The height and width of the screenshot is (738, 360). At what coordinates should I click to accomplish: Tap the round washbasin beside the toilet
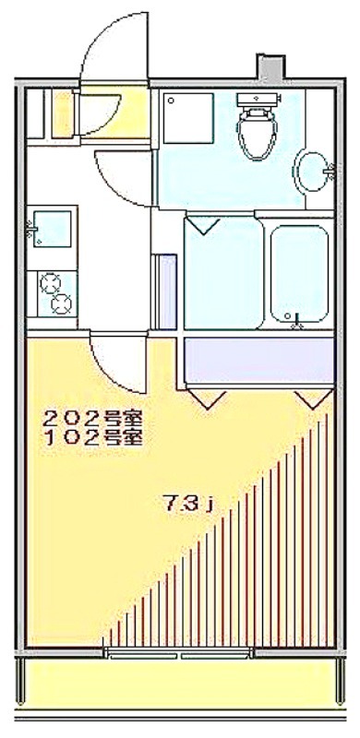[x=313, y=172]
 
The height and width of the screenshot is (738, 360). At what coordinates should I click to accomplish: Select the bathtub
[x=299, y=275]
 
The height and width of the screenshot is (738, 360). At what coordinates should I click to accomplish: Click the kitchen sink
[x=52, y=228]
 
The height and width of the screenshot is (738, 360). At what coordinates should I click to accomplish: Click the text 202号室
[x=93, y=418]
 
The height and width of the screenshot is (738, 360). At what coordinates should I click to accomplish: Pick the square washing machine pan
[x=188, y=118]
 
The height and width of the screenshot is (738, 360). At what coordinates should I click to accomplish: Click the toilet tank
[x=258, y=100]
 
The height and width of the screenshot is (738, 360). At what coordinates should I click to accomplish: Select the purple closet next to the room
[x=259, y=361]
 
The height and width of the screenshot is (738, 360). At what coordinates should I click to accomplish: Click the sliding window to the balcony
[x=179, y=655]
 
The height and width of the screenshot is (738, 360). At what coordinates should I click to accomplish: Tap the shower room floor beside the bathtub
[x=223, y=273]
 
